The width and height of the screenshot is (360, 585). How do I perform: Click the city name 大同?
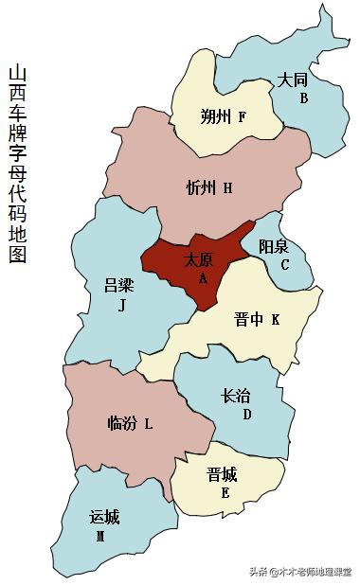292,81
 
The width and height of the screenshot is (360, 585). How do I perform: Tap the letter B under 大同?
303,98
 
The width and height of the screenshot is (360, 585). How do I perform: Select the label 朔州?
216,117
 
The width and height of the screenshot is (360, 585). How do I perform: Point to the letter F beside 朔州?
243,117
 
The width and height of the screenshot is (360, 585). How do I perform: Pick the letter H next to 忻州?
227,188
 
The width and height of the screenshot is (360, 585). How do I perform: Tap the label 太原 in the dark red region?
198,259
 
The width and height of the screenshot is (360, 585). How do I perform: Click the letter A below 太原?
202,278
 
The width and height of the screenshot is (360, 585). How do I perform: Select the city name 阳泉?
275,246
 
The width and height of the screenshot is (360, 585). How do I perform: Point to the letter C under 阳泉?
284,265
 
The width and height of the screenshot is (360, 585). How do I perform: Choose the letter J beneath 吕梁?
121,305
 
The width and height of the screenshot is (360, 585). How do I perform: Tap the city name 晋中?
248,320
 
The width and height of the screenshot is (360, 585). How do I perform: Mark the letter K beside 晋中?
275,320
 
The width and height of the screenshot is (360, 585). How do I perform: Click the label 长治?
236,397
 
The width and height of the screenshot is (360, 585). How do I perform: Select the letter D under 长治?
246,415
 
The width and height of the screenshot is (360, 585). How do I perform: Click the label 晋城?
222,474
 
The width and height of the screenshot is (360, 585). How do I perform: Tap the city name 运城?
104,517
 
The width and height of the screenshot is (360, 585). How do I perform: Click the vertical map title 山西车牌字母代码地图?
17,163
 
